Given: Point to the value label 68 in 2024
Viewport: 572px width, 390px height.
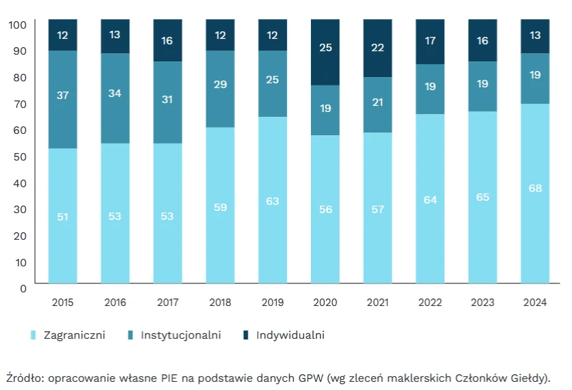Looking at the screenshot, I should click(x=535, y=188).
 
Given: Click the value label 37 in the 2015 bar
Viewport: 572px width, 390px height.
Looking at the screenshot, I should click(x=63, y=95).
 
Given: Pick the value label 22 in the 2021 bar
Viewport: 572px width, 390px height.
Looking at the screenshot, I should click(x=378, y=47).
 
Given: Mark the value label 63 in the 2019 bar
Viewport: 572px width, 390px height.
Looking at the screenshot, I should click(x=273, y=201).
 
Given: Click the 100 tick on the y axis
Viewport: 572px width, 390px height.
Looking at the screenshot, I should click(x=18, y=25).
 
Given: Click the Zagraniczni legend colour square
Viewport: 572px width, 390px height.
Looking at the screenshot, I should click(x=32, y=335).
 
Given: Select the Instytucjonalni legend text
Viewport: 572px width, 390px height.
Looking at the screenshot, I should click(x=180, y=335).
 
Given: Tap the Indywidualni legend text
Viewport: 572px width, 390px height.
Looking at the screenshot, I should click(x=290, y=335).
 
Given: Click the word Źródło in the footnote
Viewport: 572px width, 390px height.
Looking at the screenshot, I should click(x=24, y=378).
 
